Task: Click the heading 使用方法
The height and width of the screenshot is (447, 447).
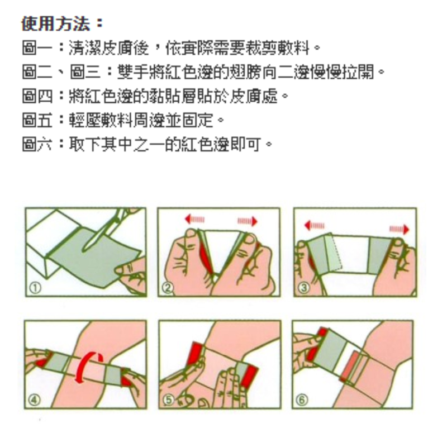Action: [x=56, y=23]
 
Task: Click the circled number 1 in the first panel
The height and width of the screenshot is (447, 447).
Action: [x=35, y=288]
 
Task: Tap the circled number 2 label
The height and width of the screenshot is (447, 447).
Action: [x=167, y=288]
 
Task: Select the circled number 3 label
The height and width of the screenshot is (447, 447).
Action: [x=304, y=287]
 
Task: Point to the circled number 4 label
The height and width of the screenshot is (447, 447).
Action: [x=34, y=400]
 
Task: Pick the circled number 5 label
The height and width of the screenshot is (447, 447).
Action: [x=169, y=400]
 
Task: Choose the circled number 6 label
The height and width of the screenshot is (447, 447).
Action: [x=302, y=400]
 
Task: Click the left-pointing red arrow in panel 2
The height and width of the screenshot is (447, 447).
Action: [x=194, y=219]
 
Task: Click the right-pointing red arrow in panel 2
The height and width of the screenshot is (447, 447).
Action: [x=248, y=221]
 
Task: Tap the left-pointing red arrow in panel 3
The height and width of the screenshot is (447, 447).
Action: [x=314, y=226]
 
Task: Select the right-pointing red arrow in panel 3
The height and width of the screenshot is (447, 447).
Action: [x=400, y=229]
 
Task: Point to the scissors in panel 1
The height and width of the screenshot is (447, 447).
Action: [x=110, y=228]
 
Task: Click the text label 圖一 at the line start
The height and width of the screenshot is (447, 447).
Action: [x=37, y=47]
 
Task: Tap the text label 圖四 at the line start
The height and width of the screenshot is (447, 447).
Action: [x=37, y=96]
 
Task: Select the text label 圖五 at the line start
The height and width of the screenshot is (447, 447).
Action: [x=37, y=120]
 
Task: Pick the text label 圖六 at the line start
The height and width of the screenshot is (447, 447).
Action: [x=37, y=144]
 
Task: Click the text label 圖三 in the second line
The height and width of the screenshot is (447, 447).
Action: [x=85, y=72]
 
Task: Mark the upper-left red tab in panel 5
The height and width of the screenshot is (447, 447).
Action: [x=194, y=354]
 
